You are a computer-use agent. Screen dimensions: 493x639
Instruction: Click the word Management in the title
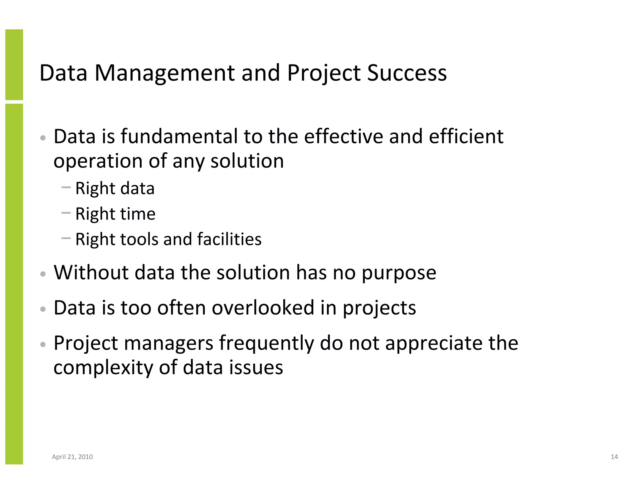[165, 73]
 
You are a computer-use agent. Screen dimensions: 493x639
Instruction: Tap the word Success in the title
[407, 73]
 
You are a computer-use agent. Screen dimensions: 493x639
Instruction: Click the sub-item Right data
[115, 189]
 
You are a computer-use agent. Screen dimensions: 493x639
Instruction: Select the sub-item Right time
[115, 214]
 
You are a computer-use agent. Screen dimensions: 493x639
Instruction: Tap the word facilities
[229, 239]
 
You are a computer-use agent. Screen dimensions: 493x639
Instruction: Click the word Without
[91, 272]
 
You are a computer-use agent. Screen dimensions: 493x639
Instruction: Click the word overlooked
[263, 308]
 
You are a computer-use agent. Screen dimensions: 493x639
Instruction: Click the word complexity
[103, 368]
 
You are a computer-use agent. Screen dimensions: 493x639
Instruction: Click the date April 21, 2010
[72, 457]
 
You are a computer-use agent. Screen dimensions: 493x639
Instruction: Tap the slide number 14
[614, 457]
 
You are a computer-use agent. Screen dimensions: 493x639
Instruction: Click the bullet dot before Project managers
[43, 344]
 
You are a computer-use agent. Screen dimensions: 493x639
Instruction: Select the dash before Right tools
[66, 238]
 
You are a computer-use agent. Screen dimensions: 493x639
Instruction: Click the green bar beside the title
[14, 65]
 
